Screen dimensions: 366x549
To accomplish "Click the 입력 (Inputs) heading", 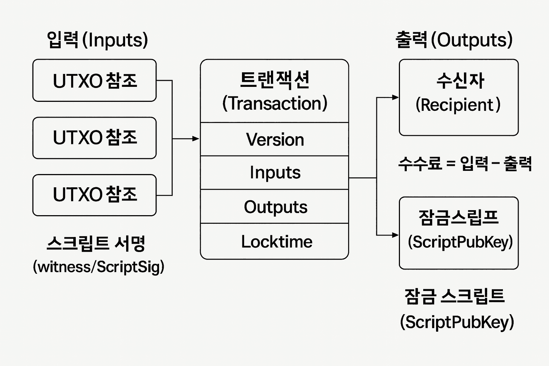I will click(97, 40).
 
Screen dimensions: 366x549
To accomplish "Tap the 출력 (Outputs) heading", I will click(454, 40).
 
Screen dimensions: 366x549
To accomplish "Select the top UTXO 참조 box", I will click(94, 80).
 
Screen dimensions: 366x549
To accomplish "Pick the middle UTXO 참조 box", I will click(94, 138).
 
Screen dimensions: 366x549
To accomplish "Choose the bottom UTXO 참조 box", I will click(94, 195).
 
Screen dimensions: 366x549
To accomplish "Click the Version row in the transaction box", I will click(274, 139).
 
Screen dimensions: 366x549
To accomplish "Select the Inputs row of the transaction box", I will click(274, 173).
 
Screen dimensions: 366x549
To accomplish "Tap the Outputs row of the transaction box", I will click(274, 207).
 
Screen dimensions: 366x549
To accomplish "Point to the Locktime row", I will click(274, 241).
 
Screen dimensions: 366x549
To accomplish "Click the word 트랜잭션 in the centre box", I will click(274, 79).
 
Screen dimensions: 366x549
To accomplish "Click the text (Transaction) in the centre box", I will click(274, 103).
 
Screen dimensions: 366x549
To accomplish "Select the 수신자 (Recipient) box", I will click(459, 97).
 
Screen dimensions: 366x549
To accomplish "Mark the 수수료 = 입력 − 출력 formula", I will click(465, 164).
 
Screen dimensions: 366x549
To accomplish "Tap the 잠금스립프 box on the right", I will click(459, 232).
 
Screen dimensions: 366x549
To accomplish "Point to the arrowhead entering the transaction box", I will click(196, 139).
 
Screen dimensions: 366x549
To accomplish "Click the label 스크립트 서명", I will click(96, 244).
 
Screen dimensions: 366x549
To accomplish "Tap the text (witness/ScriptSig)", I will click(98, 267).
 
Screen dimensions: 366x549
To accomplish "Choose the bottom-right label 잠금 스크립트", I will click(454, 296).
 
